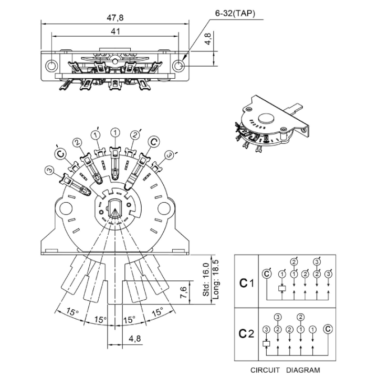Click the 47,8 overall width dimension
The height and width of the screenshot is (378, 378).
(115, 18)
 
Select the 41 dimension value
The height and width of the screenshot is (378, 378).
(115, 31)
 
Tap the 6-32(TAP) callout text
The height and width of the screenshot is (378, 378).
(235, 14)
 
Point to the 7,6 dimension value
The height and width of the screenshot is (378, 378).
(183, 292)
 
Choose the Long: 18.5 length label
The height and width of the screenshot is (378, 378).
(215, 279)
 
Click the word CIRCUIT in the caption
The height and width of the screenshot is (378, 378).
(265, 370)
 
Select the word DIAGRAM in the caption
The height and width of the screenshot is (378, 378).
(303, 370)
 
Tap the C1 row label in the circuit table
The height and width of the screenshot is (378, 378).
(246, 283)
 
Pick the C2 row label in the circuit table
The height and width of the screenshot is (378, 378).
(246, 334)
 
